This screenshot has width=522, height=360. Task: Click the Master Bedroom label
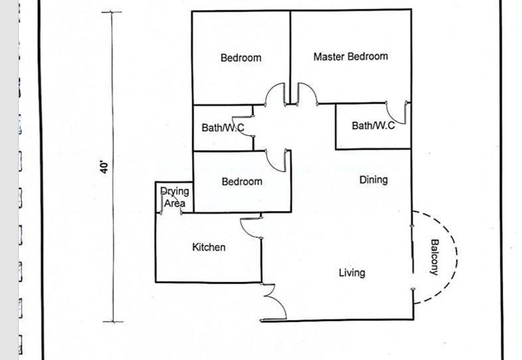(350, 57)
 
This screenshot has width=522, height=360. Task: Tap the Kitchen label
(209, 247)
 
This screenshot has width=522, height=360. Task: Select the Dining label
(373, 180)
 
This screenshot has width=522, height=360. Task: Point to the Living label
(352, 273)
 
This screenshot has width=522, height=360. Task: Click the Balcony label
(435, 257)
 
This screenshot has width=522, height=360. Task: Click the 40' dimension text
(104, 167)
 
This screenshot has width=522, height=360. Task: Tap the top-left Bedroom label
(241, 58)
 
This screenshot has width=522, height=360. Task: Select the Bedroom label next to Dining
(241, 182)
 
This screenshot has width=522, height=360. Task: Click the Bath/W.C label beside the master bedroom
(373, 125)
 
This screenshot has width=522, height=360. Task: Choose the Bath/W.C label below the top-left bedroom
(223, 128)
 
